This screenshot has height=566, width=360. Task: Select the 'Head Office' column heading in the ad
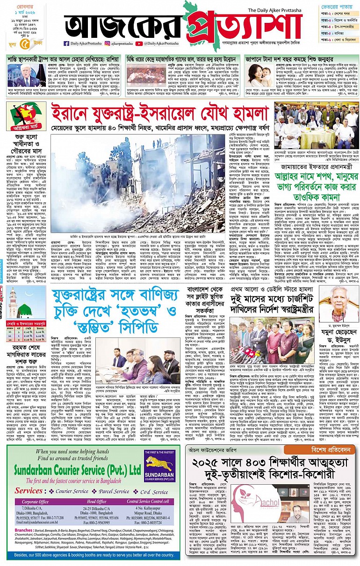(93, 502)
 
